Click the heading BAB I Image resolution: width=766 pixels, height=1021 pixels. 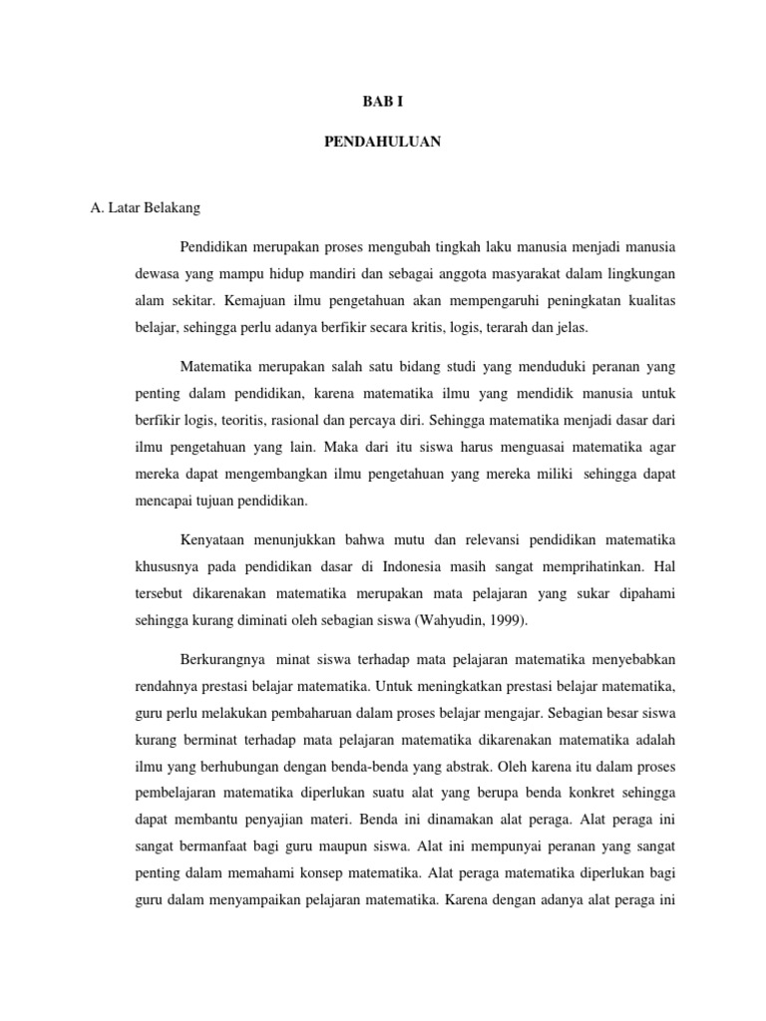pos(382,101)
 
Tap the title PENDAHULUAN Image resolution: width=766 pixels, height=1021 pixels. pos(382,143)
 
